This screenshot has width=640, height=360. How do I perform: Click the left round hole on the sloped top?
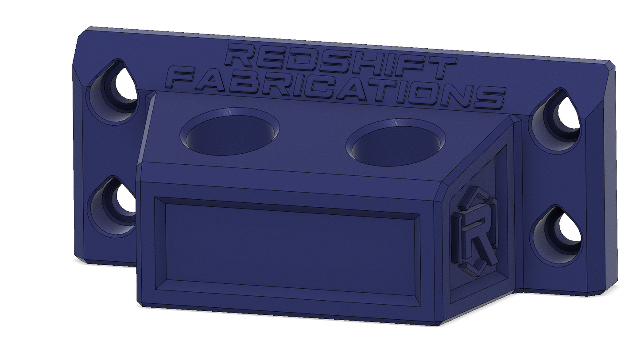click(x=230, y=132)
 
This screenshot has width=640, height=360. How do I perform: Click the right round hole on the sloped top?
click(x=396, y=143)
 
